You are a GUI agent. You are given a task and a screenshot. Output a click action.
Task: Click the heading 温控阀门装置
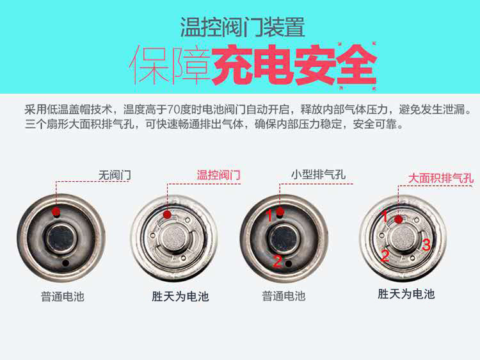243,27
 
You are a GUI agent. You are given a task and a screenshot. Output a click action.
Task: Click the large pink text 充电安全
294,65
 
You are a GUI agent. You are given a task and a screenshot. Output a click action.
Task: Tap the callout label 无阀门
115,175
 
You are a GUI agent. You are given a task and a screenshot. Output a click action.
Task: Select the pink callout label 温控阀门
218,175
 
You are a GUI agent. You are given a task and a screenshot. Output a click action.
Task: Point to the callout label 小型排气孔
318,174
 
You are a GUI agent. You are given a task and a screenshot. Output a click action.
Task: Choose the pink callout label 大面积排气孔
441,177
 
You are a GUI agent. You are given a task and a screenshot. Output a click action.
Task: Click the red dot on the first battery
56,211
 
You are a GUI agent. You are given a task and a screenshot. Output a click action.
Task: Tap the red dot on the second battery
167,214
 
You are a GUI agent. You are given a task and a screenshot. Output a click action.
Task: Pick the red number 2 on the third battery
277,261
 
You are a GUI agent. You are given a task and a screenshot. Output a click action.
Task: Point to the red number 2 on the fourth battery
385,256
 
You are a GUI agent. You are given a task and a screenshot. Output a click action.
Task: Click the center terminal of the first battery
61,238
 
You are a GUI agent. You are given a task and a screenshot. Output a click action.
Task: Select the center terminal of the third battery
283,239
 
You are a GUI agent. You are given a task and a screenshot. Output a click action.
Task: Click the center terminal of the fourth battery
403,238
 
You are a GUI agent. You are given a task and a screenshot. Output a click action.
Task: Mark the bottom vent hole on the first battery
65,263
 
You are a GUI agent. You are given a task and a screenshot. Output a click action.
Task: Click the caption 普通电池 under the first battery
63,297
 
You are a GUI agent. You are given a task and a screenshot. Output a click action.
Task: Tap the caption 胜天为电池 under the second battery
180,297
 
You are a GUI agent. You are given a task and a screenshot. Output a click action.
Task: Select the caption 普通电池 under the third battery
284,296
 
